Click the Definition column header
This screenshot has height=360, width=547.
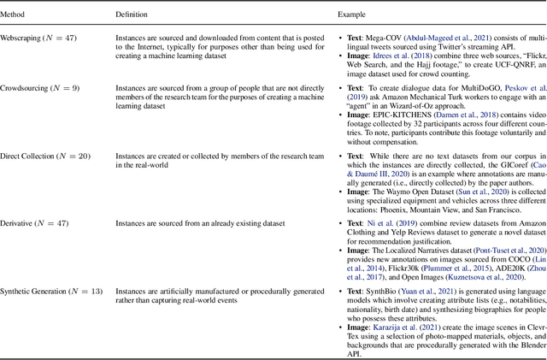(x=132, y=15)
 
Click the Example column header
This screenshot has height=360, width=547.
(x=351, y=15)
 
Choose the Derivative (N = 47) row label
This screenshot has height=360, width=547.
(x=39, y=223)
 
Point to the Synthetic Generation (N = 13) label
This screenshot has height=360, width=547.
(x=56, y=292)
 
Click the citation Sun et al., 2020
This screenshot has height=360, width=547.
(x=475, y=192)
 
